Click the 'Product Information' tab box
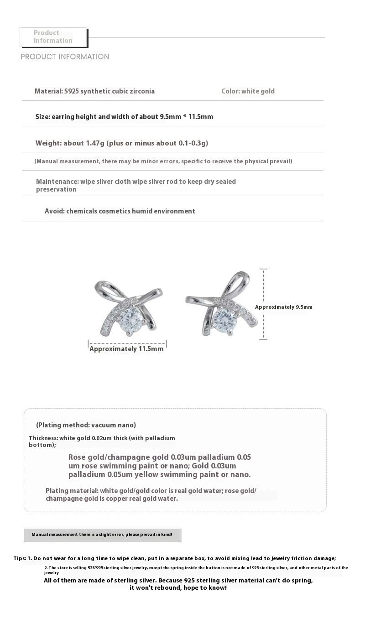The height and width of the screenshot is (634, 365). (53, 37)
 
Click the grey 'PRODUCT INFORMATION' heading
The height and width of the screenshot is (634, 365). (65, 57)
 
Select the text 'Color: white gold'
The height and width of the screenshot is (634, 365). (248, 91)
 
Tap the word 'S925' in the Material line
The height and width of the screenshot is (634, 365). (71, 91)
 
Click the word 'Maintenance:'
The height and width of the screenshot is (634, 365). (57, 182)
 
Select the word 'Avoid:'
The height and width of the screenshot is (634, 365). (54, 211)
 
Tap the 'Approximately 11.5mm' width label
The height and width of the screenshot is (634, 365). (126, 349)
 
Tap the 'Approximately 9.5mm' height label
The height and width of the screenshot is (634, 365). (283, 307)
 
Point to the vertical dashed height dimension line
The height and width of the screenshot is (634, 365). (263, 304)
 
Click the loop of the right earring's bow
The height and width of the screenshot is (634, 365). (239, 281)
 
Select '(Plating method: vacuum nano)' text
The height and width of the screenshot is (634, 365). (86, 425)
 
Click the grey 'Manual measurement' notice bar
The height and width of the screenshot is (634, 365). (102, 535)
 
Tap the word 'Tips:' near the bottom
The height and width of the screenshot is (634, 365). (20, 558)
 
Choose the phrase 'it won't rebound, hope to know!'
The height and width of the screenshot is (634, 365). (178, 588)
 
